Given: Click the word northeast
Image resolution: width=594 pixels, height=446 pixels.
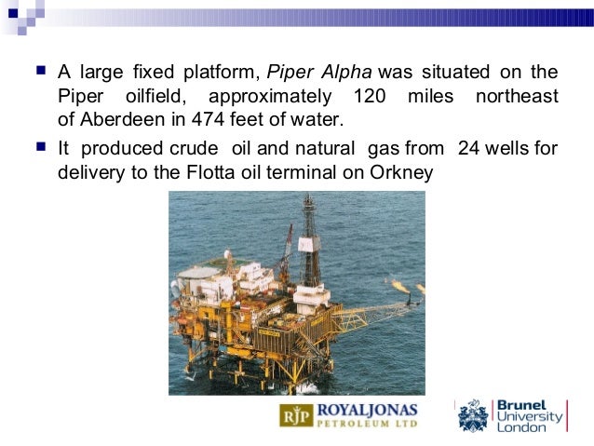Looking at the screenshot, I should (x=517, y=96).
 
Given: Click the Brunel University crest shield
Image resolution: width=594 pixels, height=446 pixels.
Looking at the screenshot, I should (x=473, y=416).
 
